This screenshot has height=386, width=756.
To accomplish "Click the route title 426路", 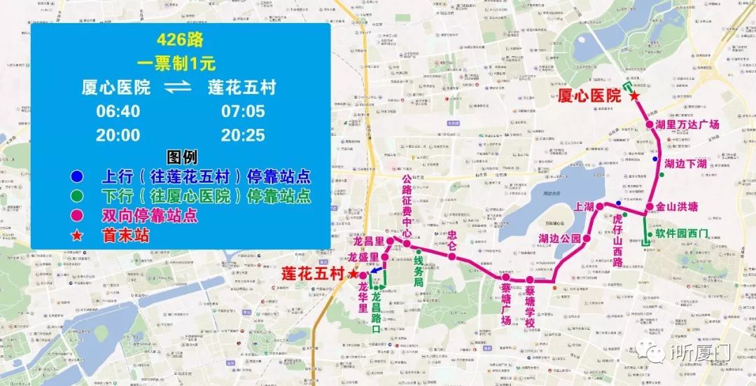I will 179,39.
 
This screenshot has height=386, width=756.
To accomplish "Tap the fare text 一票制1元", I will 179,62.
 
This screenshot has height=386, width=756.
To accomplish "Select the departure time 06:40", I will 118,111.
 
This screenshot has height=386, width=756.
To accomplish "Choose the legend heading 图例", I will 181,156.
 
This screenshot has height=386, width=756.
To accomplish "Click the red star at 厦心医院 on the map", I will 634,96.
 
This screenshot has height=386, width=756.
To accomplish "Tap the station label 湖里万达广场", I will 687,125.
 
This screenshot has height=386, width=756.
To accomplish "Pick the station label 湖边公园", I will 560,238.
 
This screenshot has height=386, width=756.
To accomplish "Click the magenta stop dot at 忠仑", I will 452,256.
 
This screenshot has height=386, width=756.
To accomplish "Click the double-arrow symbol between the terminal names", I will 180,88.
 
